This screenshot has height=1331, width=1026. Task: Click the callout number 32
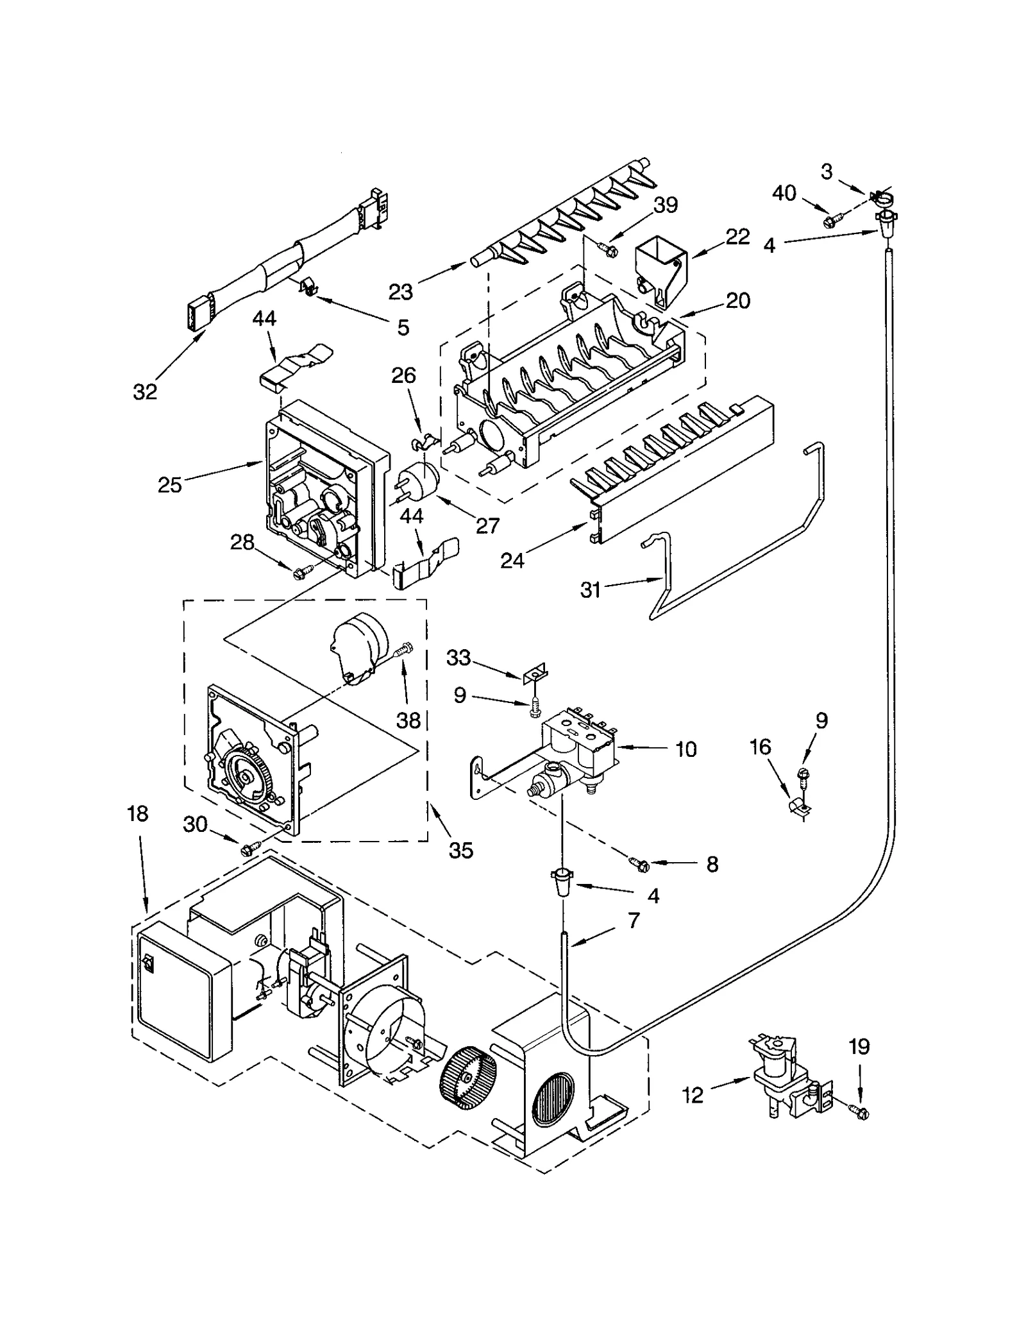tap(145, 391)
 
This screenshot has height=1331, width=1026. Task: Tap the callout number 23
tap(401, 292)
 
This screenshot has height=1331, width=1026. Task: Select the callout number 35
tap(460, 851)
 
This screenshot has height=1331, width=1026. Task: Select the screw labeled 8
tap(640, 865)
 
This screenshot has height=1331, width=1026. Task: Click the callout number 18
tap(137, 814)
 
